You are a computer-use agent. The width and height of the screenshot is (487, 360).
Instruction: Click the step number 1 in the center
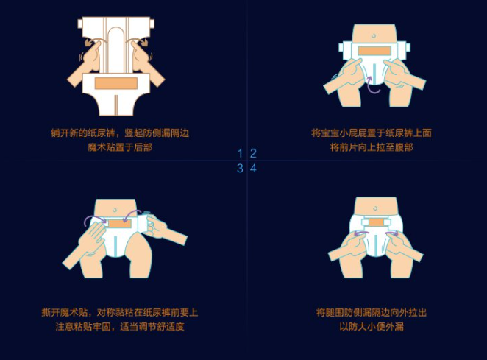240,153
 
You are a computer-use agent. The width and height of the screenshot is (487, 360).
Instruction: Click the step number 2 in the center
254,153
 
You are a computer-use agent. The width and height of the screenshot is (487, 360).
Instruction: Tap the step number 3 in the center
240,168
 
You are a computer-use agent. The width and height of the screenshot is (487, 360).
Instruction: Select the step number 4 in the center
254,168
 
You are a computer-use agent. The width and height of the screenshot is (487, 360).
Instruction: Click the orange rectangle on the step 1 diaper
116,83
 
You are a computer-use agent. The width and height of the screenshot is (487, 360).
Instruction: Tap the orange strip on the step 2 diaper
374,51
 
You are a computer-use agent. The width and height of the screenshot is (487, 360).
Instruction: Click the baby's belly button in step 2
373,36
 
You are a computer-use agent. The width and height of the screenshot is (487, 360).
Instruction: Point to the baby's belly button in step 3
115,210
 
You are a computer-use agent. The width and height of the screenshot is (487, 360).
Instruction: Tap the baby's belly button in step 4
375,208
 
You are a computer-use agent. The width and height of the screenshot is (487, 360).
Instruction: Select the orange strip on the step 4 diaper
376,222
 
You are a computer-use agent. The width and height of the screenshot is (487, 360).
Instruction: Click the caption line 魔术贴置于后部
120,147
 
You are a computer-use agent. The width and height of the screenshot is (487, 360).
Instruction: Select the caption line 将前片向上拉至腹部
372,147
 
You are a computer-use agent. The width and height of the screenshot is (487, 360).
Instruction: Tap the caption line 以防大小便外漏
372,327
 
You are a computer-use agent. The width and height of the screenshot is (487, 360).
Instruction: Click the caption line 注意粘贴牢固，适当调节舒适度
120,327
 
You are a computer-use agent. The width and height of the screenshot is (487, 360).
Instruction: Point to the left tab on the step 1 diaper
80,24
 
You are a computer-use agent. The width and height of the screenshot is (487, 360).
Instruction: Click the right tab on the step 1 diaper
152,24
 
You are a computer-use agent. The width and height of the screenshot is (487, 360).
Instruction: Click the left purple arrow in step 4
361,233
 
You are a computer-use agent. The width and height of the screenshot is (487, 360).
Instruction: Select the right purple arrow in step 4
391,233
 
